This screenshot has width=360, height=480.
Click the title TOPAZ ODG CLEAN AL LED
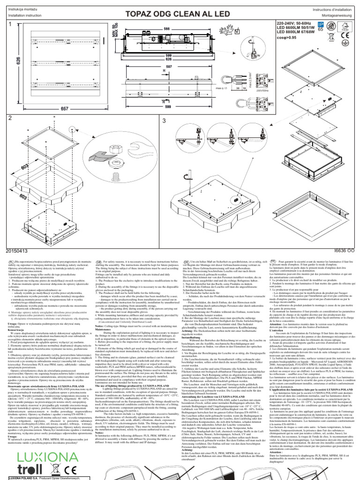180,9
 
